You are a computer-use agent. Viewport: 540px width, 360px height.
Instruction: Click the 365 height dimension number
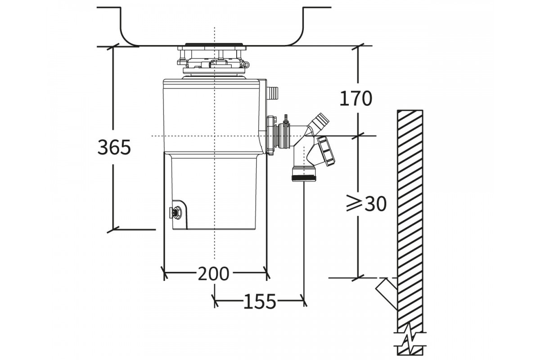point(114,147)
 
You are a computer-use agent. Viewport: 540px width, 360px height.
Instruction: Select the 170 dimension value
point(356,99)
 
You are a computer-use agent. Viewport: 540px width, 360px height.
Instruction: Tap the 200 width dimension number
point(213,274)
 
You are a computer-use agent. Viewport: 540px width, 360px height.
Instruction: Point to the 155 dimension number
point(260,301)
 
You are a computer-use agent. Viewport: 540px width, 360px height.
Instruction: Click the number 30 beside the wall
point(376,204)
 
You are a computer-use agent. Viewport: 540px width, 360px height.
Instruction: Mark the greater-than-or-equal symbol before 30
point(355,204)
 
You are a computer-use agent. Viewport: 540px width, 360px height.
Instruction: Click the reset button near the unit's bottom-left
point(176,212)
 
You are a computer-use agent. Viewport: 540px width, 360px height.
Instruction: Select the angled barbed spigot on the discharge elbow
point(319,123)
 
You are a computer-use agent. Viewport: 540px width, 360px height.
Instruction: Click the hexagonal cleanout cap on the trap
point(326,152)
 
